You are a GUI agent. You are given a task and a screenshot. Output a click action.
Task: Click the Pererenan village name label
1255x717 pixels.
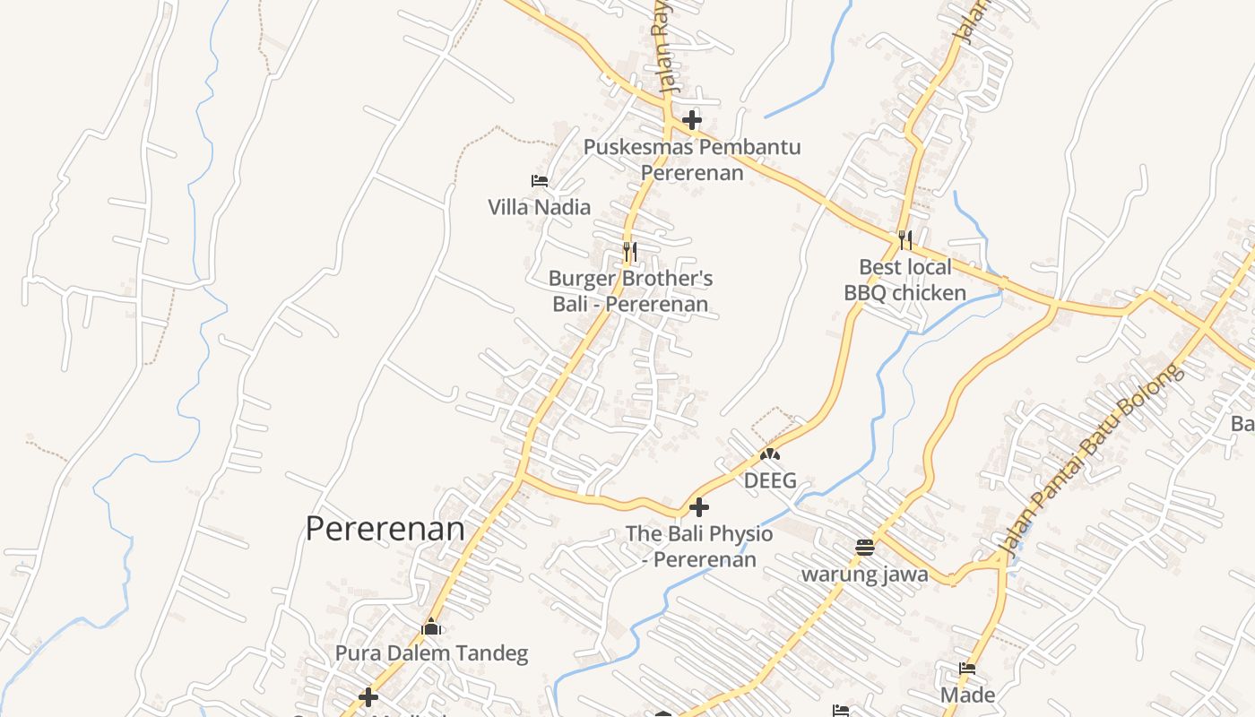pos(385,529)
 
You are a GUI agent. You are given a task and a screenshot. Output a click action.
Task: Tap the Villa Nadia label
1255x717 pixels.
pos(539,207)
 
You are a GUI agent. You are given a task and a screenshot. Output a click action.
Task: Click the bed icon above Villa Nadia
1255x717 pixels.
pos(539,181)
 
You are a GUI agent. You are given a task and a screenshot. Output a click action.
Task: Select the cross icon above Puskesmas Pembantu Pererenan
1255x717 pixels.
pos(691,120)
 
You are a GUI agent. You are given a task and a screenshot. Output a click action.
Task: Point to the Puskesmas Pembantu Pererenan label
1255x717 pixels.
pos(692,160)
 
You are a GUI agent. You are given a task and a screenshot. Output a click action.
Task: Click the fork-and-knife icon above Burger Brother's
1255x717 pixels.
pos(630,252)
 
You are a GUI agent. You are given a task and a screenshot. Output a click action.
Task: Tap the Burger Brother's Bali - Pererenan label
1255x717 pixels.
pos(630,291)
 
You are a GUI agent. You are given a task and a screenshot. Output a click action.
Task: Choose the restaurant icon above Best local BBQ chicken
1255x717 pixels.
pos(905,239)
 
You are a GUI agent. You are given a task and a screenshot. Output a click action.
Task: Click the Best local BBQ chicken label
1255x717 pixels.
pos(905,280)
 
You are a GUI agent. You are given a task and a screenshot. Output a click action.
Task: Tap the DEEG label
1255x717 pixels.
pos(770,480)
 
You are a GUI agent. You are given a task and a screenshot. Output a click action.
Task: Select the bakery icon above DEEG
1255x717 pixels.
pos(769,454)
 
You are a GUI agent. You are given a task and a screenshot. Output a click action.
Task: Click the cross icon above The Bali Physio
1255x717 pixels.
pos(699,507)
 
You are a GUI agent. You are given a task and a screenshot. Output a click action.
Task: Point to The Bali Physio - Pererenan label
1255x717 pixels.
pos(699,547)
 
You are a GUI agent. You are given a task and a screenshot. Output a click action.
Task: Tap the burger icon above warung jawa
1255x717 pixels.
pos(864,547)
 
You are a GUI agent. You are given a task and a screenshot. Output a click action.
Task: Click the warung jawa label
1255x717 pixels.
pos(864,574)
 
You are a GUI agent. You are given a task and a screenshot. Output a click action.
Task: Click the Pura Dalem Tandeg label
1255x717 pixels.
pos(431,653)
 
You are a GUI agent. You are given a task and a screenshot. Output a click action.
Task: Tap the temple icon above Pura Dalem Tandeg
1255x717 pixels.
pos(431,626)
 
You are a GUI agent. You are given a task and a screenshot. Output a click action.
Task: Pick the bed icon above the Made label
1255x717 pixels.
pos(967,669)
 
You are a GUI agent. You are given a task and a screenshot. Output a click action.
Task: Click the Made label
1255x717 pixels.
pos(967,695)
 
